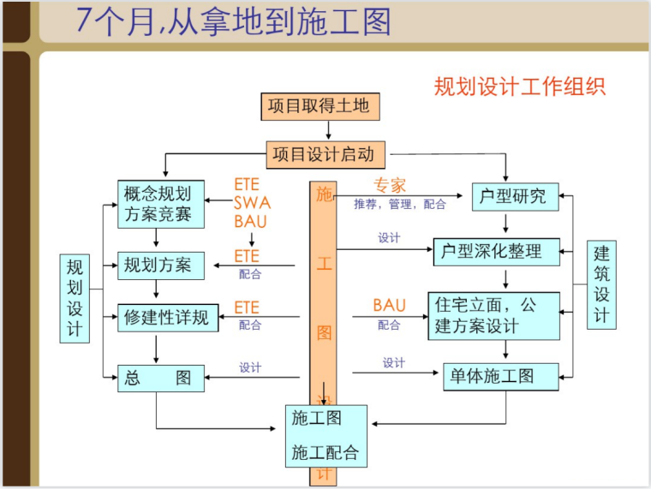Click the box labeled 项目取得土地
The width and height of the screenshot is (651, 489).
pyautogui.click(x=319, y=106)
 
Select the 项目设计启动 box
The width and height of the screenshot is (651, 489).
pyautogui.click(x=325, y=155)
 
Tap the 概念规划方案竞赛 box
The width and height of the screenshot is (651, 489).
pyautogui.click(x=161, y=204)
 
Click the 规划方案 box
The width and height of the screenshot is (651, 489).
pyautogui.click(x=161, y=264)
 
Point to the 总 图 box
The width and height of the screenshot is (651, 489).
pyautogui.click(x=161, y=377)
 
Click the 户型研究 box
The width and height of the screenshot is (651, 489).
pyautogui.click(x=515, y=195)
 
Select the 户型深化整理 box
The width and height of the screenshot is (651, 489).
pyautogui.click(x=496, y=252)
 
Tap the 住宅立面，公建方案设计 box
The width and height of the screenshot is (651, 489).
pyautogui.click(x=493, y=315)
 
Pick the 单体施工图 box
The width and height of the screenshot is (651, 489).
pyautogui.click(x=500, y=375)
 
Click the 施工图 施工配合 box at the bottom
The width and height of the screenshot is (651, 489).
pyautogui.click(x=325, y=436)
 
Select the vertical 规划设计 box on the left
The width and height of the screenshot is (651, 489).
pyautogui.click(x=75, y=298)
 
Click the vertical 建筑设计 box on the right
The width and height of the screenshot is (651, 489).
pyautogui.click(x=602, y=284)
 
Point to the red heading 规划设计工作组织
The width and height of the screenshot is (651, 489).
pyautogui.click(x=520, y=86)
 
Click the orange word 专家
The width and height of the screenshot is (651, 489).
pyautogui.click(x=390, y=185)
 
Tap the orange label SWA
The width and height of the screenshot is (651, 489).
pyautogui.click(x=252, y=203)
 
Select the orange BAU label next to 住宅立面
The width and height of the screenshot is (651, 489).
pyautogui.click(x=389, y=306)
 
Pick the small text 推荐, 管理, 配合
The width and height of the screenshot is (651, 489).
pyautogui.click(x=400, y=205)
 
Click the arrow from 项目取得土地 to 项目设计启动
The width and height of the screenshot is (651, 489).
pyautogui.click(x=329, y=130)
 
